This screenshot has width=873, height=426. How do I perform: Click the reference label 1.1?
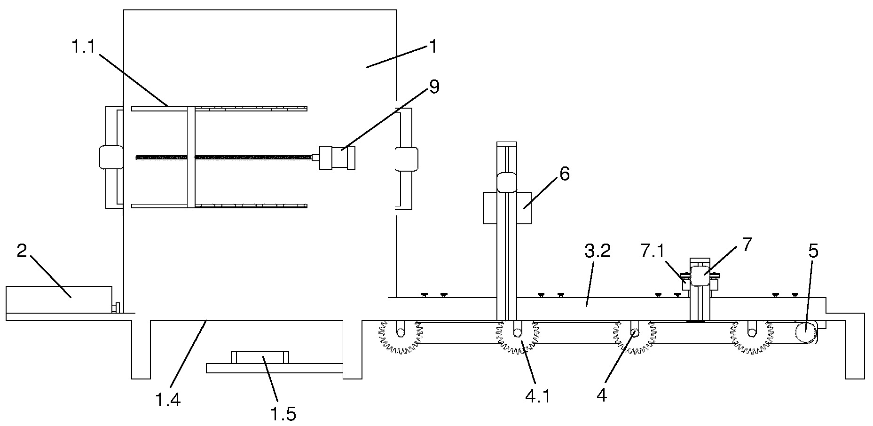tap(83, 47)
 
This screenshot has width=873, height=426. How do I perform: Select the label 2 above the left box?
tap(22, 251)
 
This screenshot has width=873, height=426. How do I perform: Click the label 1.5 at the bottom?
tap(283, 414)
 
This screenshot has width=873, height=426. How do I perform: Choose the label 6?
tap(565, 174)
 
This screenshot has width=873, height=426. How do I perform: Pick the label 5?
tap(813, 251)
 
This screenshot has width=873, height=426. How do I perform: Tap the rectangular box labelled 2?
tap(59, 299)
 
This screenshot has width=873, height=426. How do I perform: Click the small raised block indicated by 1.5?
tap(260, 357)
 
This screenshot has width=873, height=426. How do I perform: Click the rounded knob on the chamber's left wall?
tap(111, 157)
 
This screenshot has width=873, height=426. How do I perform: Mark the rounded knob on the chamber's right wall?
tap(406, 159)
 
